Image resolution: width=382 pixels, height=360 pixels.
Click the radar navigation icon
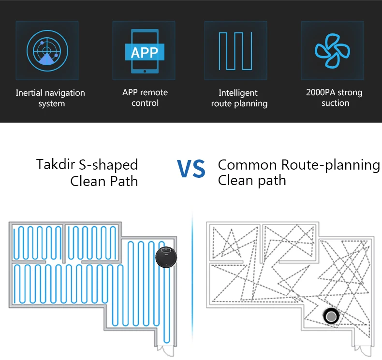click(47, 50)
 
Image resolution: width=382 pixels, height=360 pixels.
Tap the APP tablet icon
click(144, 50)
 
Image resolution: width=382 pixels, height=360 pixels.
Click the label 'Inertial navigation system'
click(50, 98)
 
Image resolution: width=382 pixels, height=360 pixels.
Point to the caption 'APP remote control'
click(145, 97)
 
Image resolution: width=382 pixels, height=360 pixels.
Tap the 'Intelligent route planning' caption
click(239, 98)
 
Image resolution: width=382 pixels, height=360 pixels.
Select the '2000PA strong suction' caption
click(335, 97)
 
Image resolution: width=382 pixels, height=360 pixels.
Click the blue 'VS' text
click(191, 169)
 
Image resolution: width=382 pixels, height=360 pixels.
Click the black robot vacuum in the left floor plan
click(166, 256)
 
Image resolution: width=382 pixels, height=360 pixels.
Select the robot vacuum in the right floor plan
click(331, 316)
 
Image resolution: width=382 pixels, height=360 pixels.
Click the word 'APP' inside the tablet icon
click(144, 52)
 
